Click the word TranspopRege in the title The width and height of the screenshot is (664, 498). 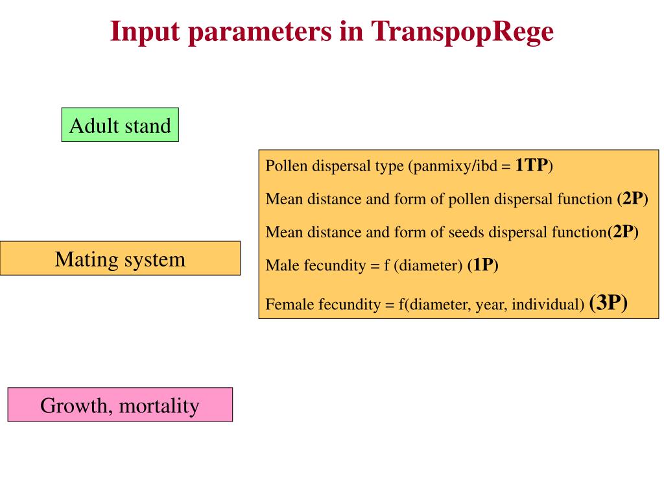click(462, 31)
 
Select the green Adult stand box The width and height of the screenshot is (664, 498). click(120, 125)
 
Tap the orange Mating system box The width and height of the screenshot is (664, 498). click(120, 259)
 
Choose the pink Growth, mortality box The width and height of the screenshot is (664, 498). click(120, 406)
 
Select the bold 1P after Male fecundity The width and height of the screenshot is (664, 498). click(482, 265)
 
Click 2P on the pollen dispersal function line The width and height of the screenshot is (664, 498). click(632, 198)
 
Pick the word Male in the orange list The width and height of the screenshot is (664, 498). click(280, 265)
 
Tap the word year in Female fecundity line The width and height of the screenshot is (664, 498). click(490, 304)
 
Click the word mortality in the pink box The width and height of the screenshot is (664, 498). click(160, 406)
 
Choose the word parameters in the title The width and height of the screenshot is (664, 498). click(258, 31)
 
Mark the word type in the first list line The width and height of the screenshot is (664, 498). click(390, 166)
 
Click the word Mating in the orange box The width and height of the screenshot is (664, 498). click(80, 259)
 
